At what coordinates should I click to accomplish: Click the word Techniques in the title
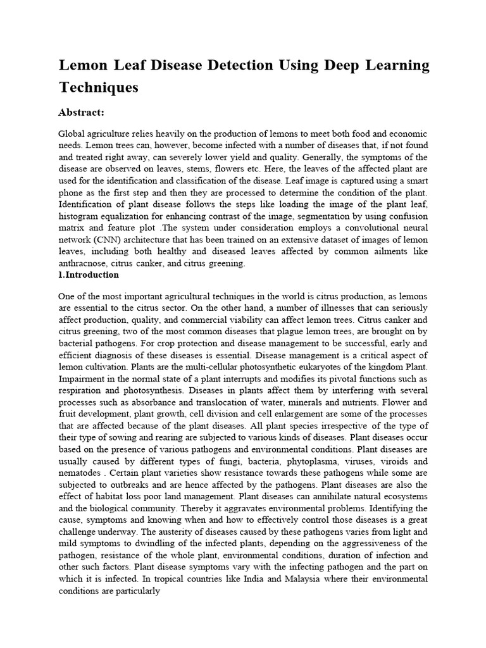(98, 87)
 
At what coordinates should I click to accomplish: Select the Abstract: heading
(81, 113)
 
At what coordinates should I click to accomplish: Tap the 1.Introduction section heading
(88, 275)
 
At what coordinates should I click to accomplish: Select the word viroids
(377, 461)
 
